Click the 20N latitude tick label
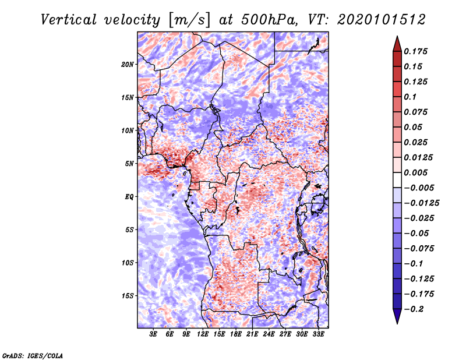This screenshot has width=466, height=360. point(128,65)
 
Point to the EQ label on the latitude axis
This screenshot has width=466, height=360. point(129,197)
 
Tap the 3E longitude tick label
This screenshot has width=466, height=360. point(153,334)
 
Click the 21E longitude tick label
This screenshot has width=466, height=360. point(252,334)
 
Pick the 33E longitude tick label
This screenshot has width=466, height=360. point(318,334)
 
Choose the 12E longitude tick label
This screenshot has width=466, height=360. point(203,334)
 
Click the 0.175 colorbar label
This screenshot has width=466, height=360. point(415,51)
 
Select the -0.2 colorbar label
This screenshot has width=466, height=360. point(414,309)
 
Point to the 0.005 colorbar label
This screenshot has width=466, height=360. point(415,172)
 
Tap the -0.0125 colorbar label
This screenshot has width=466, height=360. point(422,203)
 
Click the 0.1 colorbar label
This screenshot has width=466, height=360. point(411,97)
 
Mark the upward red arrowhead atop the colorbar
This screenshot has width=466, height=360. point(397,44)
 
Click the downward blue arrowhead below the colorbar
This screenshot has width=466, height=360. point(397,316)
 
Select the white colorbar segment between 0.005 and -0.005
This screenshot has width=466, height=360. point(397,180)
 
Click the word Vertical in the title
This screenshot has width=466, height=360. point(69,20)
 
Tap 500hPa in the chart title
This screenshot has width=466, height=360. point(269,20)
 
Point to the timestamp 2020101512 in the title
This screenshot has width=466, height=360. point(382,20)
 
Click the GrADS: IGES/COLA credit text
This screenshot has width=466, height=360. point(33,355)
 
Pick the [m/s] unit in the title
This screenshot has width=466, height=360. point(189,20)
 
